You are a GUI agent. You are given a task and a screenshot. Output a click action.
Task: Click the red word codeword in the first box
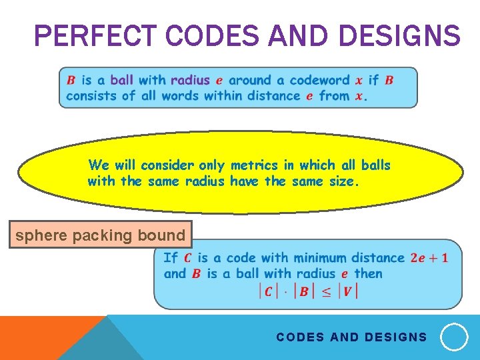(x=319, y=80)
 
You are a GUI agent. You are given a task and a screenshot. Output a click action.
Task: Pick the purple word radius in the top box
(x=190, y=80)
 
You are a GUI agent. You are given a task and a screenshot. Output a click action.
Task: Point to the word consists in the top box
(x=92, y=95)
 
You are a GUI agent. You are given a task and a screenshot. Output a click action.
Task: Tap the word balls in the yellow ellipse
(x=376, y=165)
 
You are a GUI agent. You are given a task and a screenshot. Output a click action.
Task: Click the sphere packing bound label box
(x=100, y=235)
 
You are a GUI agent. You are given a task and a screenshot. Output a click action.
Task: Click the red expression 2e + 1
(x=429, y=258)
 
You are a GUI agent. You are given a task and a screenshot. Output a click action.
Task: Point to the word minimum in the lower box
(x=321, y=258)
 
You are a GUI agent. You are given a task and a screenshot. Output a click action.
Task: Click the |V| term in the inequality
(x=348, y=291)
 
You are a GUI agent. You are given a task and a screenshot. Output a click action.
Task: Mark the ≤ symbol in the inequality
(x=327, y=291)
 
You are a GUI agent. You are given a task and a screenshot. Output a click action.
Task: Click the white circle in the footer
(x=455, y=337)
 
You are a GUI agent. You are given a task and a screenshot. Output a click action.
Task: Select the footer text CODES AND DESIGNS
(x=351, y=337)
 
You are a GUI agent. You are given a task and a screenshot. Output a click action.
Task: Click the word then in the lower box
(x=368, y=273)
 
